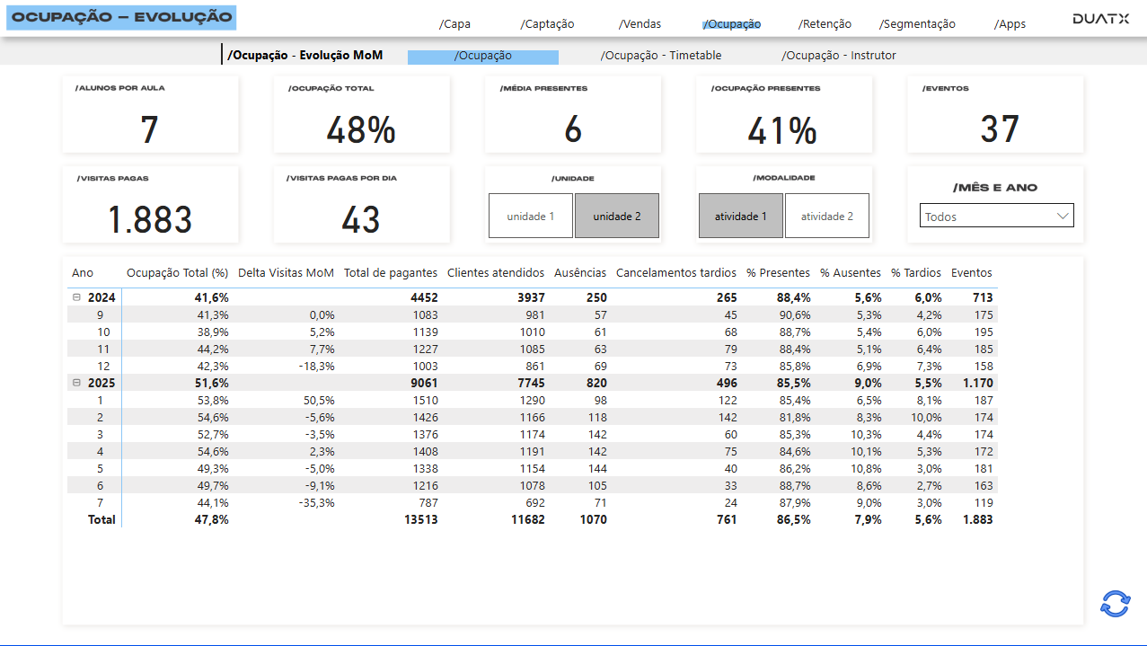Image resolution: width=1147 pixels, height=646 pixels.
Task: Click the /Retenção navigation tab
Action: pos(825,24)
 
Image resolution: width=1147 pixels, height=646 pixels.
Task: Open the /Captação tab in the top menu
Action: pos(547,24)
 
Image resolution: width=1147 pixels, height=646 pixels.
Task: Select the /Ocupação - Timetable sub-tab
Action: pos(660,56)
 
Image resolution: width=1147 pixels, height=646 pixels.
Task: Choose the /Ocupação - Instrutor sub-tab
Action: pos(838,56)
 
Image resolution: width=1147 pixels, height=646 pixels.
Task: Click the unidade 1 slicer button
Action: pos(530,217)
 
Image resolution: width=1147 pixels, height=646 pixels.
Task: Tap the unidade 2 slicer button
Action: pos(616,217)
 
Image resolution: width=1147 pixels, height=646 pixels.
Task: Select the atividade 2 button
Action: pos(826,217)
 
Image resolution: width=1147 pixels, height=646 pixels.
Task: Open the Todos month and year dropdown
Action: pos(996,217)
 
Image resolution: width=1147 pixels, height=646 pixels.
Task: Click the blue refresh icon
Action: pos(1115,604)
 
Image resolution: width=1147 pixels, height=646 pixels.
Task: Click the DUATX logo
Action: pos(1100,19)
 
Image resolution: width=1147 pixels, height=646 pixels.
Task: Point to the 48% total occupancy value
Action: pos(360,130)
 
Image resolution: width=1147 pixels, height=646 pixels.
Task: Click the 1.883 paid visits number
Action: pos(150,220)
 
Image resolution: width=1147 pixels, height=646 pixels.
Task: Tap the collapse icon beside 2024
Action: pos(76,297)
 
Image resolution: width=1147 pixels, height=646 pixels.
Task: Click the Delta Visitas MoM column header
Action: pos(286,273)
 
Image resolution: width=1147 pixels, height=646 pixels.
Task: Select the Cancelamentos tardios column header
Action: pos(675,273)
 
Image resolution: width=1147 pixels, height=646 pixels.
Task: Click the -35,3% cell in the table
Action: pos(316,502)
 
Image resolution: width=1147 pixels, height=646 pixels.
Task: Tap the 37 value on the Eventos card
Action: pos(999,130)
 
